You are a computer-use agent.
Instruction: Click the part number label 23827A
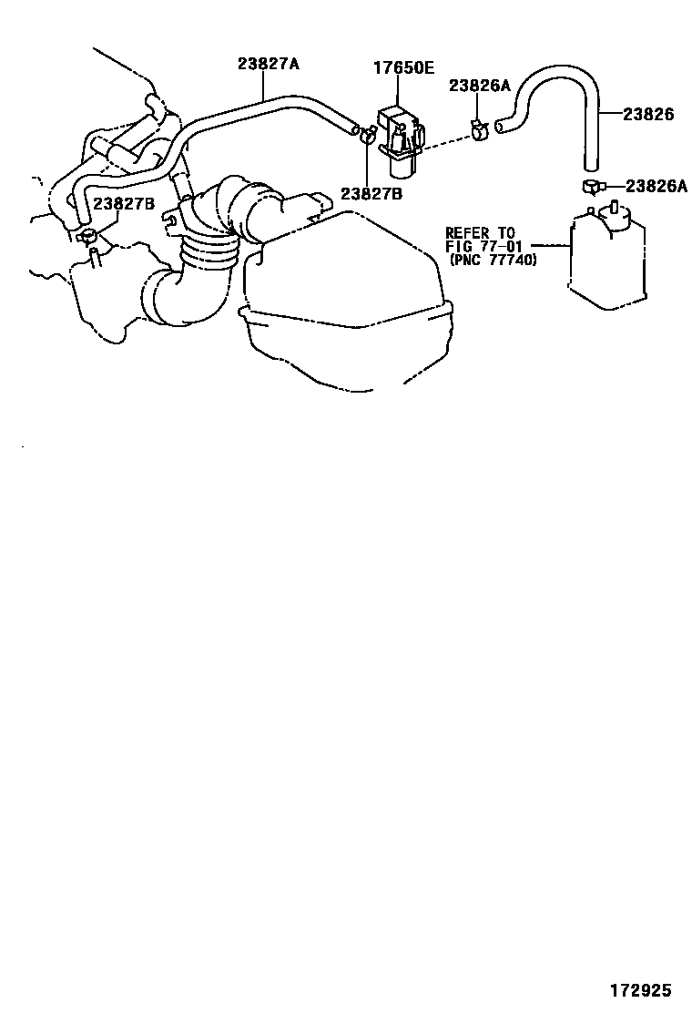pos(269,64)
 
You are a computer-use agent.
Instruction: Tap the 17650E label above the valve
pos(403,67)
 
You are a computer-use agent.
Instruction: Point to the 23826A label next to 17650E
pos(479,86)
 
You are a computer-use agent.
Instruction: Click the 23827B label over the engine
pos(124,203)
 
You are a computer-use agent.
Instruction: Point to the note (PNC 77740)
pos(493,260)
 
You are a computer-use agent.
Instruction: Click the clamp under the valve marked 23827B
pos(366,138)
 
